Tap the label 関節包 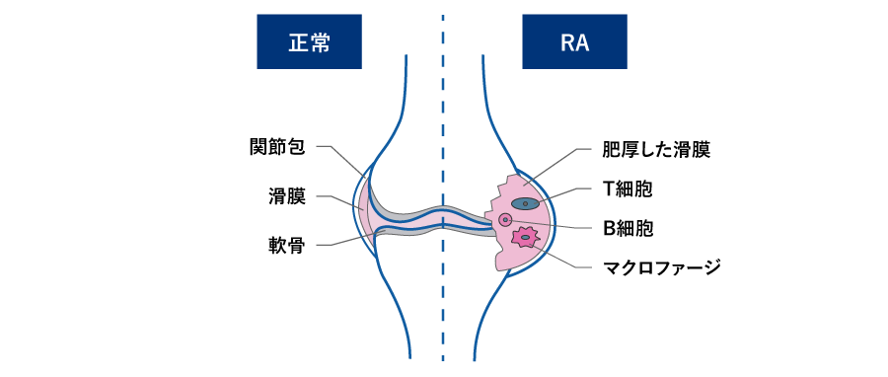point(276,148)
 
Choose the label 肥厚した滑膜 point(656,151)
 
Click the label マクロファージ point(662,265)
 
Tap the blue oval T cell point(526,203)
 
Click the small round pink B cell point(506,219)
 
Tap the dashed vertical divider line point(443,296)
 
